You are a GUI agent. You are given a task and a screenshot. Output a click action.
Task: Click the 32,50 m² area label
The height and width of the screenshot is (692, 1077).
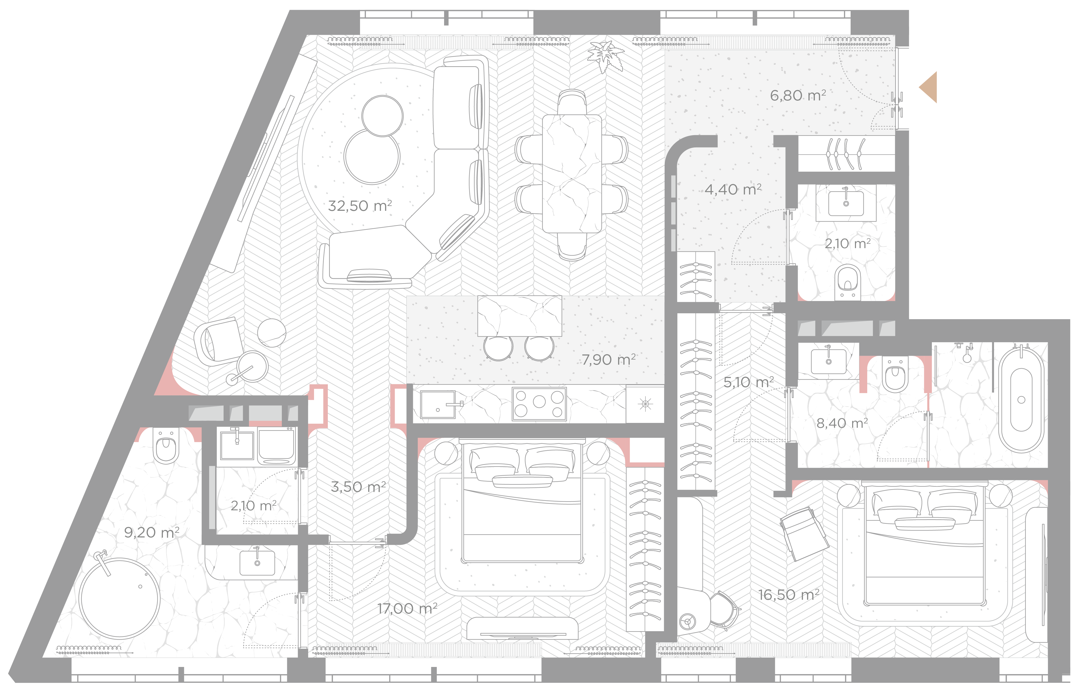(x=360, y=206)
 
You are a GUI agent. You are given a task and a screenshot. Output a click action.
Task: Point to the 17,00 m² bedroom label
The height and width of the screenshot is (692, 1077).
(x=407, y=608)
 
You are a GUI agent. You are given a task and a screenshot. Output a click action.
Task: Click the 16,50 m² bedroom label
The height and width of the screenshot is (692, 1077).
(x=789, y=594)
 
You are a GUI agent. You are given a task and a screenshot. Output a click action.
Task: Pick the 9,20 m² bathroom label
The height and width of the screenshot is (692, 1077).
(x=152, y=533)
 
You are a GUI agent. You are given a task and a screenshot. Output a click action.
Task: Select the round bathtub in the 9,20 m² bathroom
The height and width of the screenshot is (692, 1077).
(x=120, y=598)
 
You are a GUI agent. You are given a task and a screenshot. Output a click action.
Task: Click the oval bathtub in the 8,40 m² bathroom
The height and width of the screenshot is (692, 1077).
(x=1021, y=399)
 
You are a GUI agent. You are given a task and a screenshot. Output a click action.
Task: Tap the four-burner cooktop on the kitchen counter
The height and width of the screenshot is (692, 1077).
(x=539, y=404)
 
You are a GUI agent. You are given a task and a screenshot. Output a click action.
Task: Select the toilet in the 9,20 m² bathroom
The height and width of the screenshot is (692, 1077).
(x=166, y=445)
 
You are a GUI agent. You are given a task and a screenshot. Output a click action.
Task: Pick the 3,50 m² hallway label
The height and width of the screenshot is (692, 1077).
(x=358, y=487)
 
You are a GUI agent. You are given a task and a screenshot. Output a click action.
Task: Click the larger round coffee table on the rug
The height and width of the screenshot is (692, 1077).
(x=372, y=156)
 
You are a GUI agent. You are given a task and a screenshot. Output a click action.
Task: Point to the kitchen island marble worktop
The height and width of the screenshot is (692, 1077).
(x=520, y=316)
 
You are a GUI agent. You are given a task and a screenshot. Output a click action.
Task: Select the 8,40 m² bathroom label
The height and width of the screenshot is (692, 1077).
(x=842, y=423)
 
